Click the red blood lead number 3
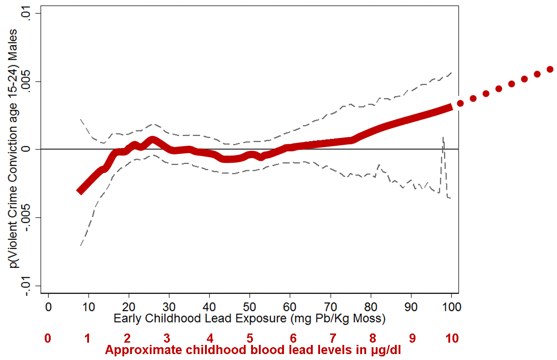point(167,339)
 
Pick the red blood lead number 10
point(452,339)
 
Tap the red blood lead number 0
point(47,339)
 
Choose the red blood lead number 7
point(333,339)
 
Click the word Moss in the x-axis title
point(369,318)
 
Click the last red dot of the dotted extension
point(550,69)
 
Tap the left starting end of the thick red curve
point(80,191)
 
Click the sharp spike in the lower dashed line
point(443,137)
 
